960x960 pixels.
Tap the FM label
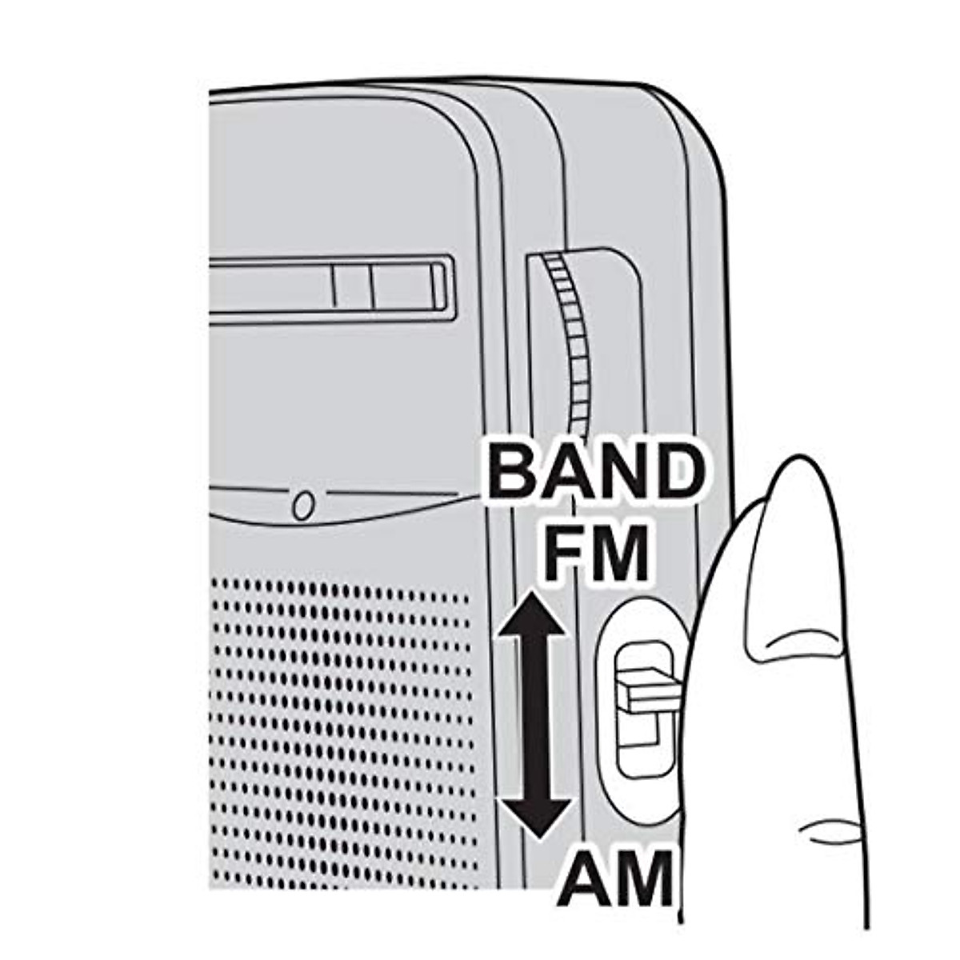(595, 551)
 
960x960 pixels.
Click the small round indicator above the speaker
(302, 506)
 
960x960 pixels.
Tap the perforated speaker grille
(344, 720)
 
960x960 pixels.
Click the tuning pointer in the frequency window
(353, 286)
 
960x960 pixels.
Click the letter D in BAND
(672, 473)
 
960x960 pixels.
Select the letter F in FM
(563, 551)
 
